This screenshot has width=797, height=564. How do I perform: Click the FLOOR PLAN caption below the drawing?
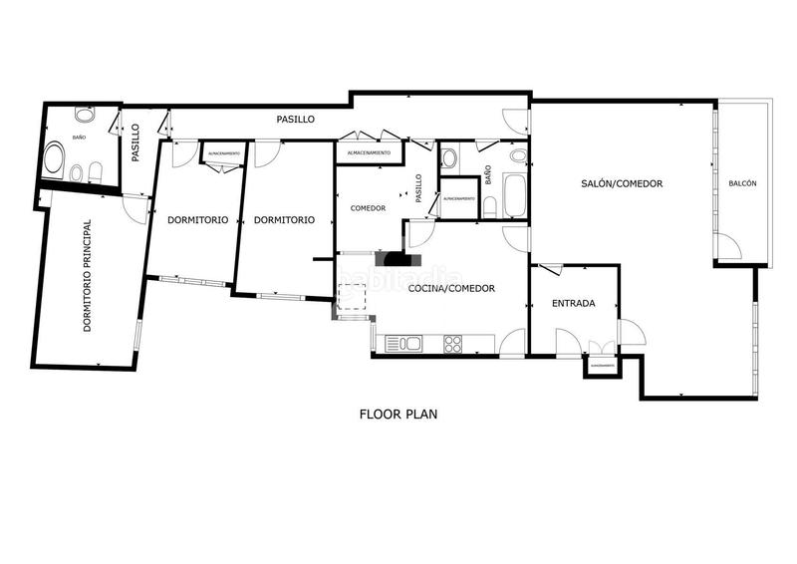pos(398,413)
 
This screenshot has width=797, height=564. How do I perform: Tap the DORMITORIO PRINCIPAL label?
pos(87,276)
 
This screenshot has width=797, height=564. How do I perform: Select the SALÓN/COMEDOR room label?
pos(623,183)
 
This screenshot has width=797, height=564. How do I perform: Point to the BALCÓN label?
pos(742,183)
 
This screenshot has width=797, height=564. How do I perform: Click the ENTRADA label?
pos(573,303)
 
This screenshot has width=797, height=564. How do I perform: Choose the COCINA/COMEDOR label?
pos(452,288)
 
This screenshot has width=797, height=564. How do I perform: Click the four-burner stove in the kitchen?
pos(453,344)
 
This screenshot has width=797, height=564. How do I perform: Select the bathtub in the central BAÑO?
pos(515,195)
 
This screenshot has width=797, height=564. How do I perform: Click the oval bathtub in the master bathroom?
pos(53,160)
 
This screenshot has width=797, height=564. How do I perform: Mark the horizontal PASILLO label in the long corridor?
pos(295,119)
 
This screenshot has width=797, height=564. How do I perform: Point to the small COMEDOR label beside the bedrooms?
pos(367,208)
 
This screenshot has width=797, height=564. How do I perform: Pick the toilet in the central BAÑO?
pos(490,207)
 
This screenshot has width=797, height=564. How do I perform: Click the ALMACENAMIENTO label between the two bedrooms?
pos(222,153)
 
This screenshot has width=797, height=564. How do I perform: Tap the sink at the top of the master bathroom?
pos(83,114)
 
